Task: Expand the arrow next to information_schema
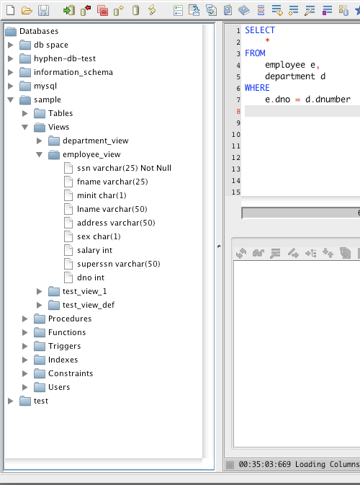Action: [x=11, y=72]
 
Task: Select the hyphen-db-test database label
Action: [x=65, y=58]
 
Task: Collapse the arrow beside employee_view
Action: [x=40, y=154]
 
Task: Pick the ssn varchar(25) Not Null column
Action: [x=124, y=168]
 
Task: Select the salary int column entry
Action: [x=94, y=250]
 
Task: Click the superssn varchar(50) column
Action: [x=119, y=264]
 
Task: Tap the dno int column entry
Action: [x=91, y=277]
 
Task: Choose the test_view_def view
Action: [x=89, y=305]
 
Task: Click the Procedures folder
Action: [x=70, y=319]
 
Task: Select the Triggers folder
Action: [x=64, y=346]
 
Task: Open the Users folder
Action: [x=59, y=387]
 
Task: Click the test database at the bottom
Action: [x=41, y=401]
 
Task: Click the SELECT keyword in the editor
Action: [x=260, y=30]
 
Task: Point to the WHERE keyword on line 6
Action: [x=257, y=88]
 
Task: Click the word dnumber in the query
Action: [x=333, y=99]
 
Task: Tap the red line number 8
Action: [x=238, y=112]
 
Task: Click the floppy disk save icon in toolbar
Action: [x=44, y=11]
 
